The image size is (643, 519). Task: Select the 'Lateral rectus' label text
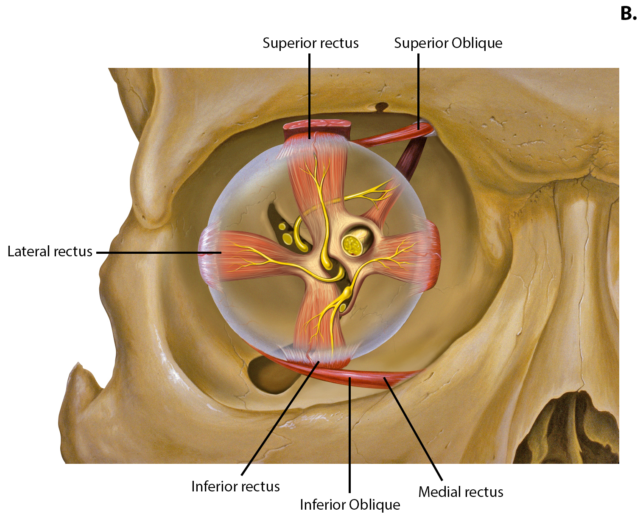tap(50, 251)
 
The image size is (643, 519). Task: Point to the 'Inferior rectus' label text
tap(235, 486)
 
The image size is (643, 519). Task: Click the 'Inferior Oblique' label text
tap(350, 505)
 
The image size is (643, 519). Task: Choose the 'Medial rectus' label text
tap(461, 492)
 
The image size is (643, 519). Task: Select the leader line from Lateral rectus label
tap(159, 252)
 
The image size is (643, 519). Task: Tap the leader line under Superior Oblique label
tap(418, 92)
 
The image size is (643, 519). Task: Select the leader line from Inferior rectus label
tap(280, 418)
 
